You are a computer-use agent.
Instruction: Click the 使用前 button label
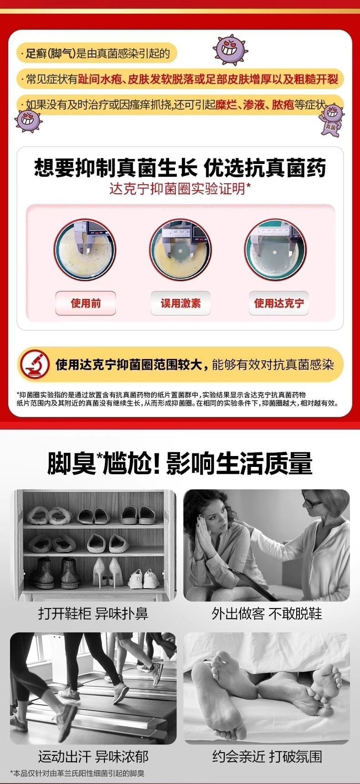click(x=86, y=303)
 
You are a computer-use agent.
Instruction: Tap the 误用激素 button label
click(x=180, y=303)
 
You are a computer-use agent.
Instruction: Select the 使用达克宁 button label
click(x=278, y=303)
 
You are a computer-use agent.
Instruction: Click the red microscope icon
click(x=35, y=364)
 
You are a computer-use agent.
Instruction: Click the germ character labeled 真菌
click(x=331, y=118)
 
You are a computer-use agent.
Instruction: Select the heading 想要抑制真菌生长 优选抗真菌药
click(x=180, y=168)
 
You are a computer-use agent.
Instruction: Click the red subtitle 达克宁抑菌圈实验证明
click(x=180, y=189)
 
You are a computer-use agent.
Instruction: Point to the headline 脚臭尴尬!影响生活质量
click(x=180, y=463)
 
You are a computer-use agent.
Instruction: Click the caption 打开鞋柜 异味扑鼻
click(x=93, y=613)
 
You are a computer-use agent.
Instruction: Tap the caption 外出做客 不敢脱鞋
click(x=267, y=613)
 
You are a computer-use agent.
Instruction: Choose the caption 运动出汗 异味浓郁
click(x=93, y=757)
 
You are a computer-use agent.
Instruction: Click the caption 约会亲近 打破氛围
click(x=267, y=757)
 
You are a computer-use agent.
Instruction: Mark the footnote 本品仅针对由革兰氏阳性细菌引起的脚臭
click(x=77, y=773)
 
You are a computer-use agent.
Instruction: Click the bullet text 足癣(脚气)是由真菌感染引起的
click(x=98, y=54)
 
